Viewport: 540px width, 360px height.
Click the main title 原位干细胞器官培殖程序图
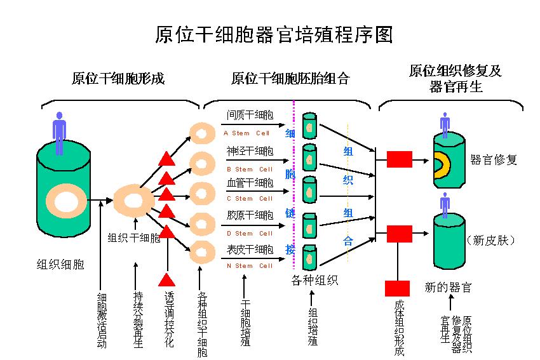click(x=274, y=34)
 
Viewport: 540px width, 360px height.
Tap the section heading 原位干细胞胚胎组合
click(x=290, y=79)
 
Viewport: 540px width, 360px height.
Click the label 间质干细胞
click(x=250, y=116)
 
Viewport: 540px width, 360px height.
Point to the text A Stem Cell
click(x=248, y=133)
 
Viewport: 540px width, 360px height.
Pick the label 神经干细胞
click(x=250, y=151)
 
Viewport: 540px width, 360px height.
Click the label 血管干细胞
click(x=250, y=183)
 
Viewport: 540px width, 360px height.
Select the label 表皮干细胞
click(x=250, y=250)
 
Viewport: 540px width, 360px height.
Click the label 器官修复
click(x=494, y=160)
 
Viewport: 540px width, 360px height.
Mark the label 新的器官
click(x=448, y=288)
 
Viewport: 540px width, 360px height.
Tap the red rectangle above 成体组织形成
click(x=398, y=288)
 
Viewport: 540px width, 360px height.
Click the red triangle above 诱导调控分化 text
click(x=167, y=279)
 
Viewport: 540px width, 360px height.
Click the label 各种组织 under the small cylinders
click(x=314, y=280)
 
